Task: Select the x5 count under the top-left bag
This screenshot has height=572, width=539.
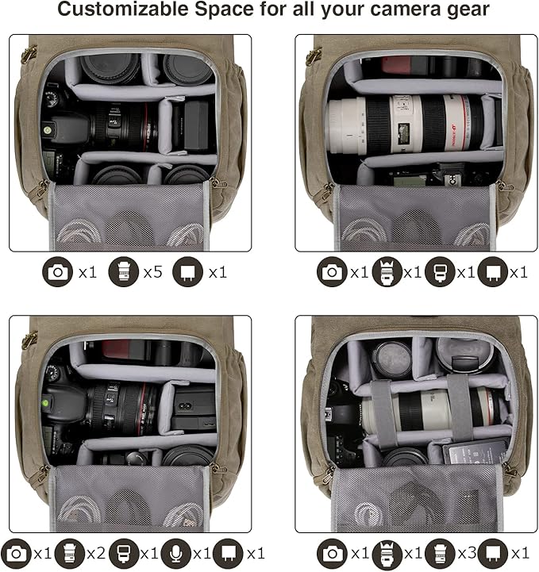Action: [153, 272]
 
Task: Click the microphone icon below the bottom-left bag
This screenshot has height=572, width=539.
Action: [176, 554]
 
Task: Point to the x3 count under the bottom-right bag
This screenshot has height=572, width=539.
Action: [467, 554]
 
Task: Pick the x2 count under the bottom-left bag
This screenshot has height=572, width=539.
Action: [96, 554]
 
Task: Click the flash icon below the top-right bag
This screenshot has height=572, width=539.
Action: [440, 272]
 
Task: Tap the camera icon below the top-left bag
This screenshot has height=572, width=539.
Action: [58, 272]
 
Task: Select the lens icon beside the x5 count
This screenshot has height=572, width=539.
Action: [124, 272]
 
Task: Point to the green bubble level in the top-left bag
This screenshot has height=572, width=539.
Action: [47, 129]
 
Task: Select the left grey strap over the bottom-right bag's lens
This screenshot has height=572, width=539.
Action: [383, 413]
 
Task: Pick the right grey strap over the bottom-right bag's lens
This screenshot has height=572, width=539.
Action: [461, 407]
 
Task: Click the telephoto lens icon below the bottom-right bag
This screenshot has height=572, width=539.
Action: [387, 554]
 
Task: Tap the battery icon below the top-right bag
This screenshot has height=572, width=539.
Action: [493, 272]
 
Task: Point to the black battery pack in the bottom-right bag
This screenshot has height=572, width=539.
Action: [476, 451]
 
